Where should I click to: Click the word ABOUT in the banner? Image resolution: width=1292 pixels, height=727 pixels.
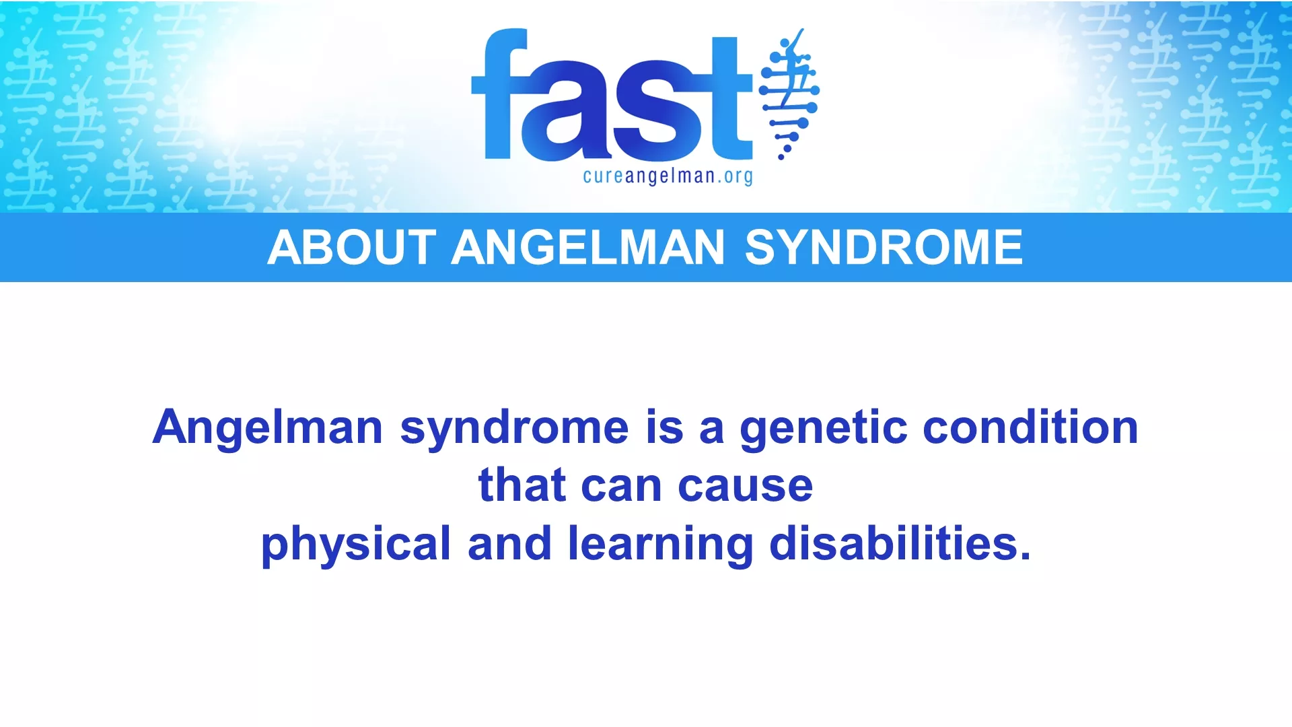(x=352, y=247)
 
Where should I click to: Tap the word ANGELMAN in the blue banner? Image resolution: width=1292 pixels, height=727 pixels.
(x=587, y=247)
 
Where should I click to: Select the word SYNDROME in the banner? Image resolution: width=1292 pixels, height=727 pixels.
(x=884, y=247)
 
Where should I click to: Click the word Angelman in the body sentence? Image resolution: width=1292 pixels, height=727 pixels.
(x=268, y=428)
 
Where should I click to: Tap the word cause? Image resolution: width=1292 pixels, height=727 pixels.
(x=746, y=486)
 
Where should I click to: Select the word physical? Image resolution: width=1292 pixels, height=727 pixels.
(x=356, y=544)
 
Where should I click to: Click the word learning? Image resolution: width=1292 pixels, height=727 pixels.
(x=661, y=544)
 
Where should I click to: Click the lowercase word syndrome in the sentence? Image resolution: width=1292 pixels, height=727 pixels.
(x=515, y=428)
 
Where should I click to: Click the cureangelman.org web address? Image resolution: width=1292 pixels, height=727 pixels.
(x=668, y=176)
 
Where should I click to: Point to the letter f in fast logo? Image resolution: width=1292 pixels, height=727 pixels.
(x=499, y=94)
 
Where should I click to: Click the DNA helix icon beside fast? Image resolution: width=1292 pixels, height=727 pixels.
(x=789, y=94)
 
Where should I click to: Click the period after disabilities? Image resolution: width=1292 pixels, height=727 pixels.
(x=1025, y=556)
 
